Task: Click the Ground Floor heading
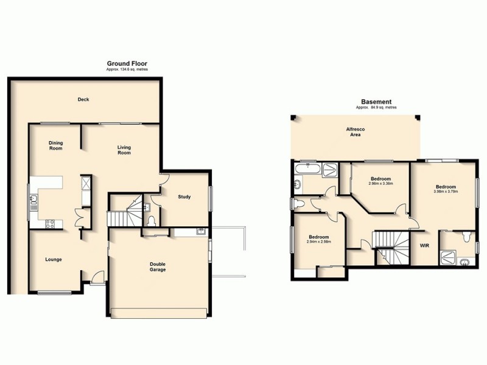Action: [127, 63]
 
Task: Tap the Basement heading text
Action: [376, 102]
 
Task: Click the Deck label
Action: [83, 100]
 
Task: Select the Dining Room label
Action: [56, 146]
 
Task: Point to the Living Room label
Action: [125, 150]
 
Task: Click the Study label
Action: [185, 196]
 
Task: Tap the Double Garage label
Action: [158, 266]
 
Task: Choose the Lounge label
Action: [54, 259]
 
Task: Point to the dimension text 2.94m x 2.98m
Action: [318, 242]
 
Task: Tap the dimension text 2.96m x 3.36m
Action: [381, 184]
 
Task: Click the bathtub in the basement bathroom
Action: [304, 169]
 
